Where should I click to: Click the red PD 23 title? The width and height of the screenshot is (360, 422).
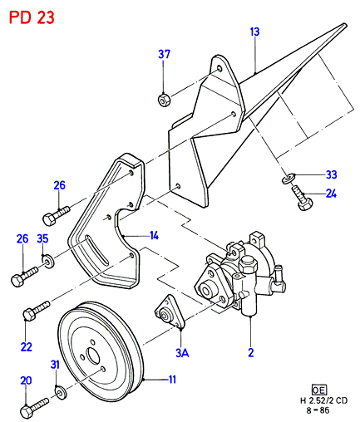pos(32,18)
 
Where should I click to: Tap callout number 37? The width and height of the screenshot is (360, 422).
pos(164,54)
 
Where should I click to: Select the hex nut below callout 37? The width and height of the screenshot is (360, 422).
pos(164,100)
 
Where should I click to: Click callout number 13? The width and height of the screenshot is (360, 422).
pos(254,32)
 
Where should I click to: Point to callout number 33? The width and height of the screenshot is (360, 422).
pos(331,174)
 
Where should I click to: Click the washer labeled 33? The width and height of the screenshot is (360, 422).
pos(288,179)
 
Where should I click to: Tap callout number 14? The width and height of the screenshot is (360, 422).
pos(154,236)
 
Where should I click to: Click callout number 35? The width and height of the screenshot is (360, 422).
pos(42,238)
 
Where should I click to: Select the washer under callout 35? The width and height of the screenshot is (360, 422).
pos(48,261)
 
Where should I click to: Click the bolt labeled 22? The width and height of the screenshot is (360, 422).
pos(37,311)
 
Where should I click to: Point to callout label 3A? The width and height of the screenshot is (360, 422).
pos(182,353)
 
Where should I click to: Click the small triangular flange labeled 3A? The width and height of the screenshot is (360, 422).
pos(170,312)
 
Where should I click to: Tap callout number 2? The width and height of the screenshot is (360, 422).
pos(251,353)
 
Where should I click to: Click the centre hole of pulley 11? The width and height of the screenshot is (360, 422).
pos(93,356)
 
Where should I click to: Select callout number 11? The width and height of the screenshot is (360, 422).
pos(172,380)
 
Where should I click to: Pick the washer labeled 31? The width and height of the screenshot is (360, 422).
pos(61,393)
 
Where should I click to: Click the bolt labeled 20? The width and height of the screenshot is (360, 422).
pos(34,408)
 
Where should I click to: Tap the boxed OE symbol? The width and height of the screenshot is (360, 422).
pos(319,390)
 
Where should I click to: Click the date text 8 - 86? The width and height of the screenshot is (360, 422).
pos(318,410)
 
